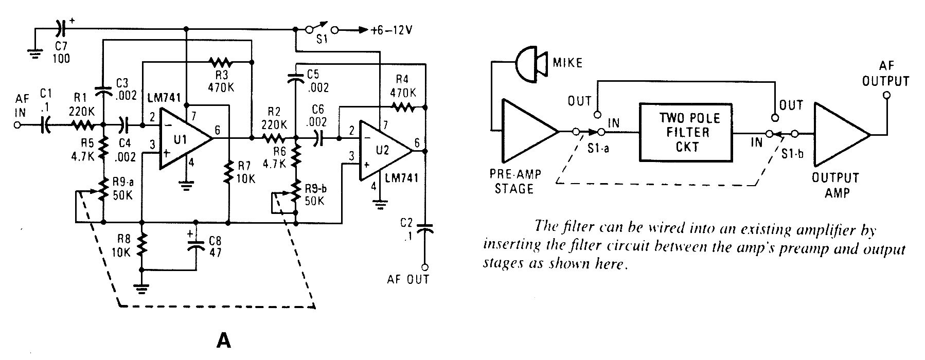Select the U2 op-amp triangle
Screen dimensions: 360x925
point(383,151)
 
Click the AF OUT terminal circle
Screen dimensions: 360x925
point(425,266)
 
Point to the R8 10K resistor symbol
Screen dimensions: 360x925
point(142,246)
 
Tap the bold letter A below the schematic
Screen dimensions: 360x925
point(224,340)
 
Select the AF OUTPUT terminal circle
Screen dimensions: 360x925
point(886,96)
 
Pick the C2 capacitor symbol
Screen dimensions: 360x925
point(425,228)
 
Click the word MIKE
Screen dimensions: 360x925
point(567,63)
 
